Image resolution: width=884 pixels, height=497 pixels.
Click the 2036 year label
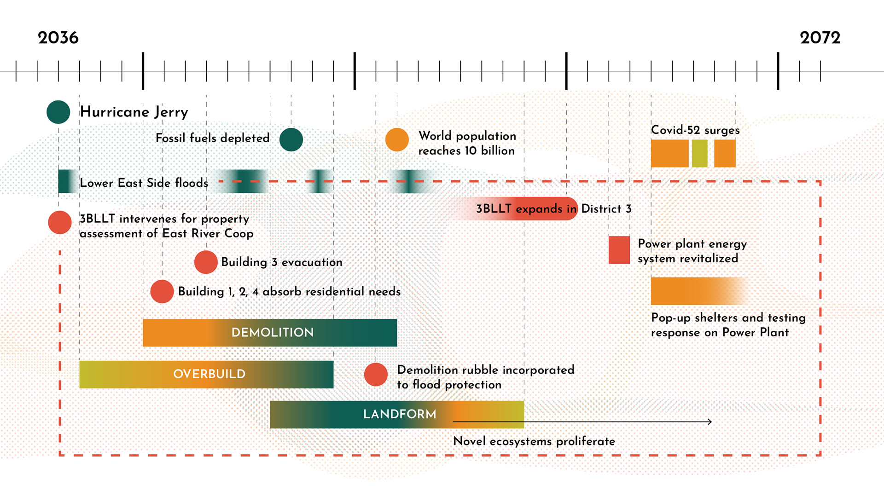pyautogui.click(x=58, y=38)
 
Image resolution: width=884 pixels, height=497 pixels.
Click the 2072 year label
pyautogui.click(x=820, y=38)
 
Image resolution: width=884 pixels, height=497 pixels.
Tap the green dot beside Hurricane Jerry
pyautogui.click(x=58, y=112)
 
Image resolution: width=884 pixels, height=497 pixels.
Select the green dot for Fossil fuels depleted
pyautogui.click(x=291, y=139)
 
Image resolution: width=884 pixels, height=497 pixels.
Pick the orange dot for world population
pyautogui.click(x=397, y=139)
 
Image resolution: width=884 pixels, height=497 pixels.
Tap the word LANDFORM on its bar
pyautogui.click(x=400, y=414)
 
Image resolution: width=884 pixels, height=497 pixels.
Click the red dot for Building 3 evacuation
pyautogui.click(x=206, y=262)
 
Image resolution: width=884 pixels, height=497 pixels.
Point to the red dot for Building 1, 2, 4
pyautogui.click(x=162, y=291)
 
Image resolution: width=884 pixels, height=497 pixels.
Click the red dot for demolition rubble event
pyautogui.click(x=376, y=374)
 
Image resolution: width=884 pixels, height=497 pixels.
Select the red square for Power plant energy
pyautogui.click(x=619, y=250)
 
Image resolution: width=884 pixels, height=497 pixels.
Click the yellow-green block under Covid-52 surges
pyautogui.click(x=699, y=153)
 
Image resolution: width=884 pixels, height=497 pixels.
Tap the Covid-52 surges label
pyautogui.click(x=695, y=130)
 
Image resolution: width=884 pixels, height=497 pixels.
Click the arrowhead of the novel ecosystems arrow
pyautogui.click(x=710, y=422)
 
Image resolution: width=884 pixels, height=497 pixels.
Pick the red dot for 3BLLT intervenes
pyautogui.click(x=60, y=222)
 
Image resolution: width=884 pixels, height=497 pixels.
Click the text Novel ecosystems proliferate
pyautogui.click(x=534, y=441)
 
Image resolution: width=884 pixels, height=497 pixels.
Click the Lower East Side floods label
pyautogui.click(x=144, y=183)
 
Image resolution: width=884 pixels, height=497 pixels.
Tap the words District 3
pyautogui.click(x=606, y=209)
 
